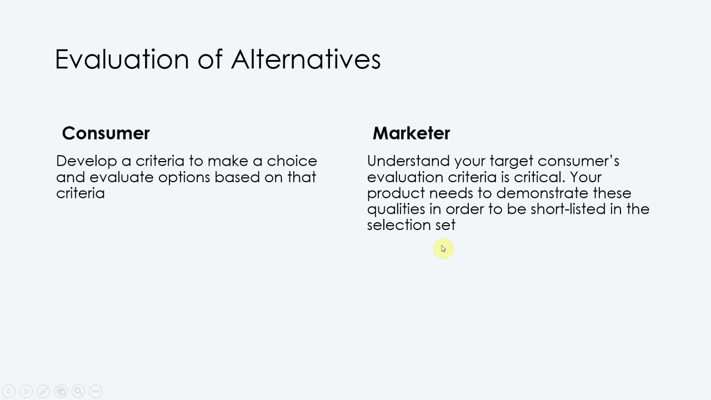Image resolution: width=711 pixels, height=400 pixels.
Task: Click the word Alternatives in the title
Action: (306, 59)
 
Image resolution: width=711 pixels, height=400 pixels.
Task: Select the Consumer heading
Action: (106, 133)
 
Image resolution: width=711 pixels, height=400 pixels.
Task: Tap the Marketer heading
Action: (411, 133)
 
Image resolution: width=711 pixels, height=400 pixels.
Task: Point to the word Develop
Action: (86, 161)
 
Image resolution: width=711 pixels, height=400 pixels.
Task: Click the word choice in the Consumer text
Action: (292, 161)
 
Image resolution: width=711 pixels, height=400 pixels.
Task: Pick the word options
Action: (184, 177)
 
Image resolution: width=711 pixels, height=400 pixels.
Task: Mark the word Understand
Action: (408, 161)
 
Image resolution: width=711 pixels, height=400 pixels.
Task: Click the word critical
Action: (539, 177)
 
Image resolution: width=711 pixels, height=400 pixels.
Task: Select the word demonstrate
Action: (542, 193)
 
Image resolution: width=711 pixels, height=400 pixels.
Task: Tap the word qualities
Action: (395, 209)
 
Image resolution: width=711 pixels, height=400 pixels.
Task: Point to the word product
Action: (395, 193)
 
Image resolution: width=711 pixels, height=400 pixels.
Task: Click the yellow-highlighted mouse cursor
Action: (443, 249)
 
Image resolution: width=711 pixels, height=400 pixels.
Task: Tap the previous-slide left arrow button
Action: (9, 391)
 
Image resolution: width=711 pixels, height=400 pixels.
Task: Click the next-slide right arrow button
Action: (26, 391)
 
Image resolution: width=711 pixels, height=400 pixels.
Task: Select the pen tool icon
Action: (43, 391)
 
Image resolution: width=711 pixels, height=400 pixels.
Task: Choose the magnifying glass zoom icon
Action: (78, 391)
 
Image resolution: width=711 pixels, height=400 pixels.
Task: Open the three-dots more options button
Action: (96, 391)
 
